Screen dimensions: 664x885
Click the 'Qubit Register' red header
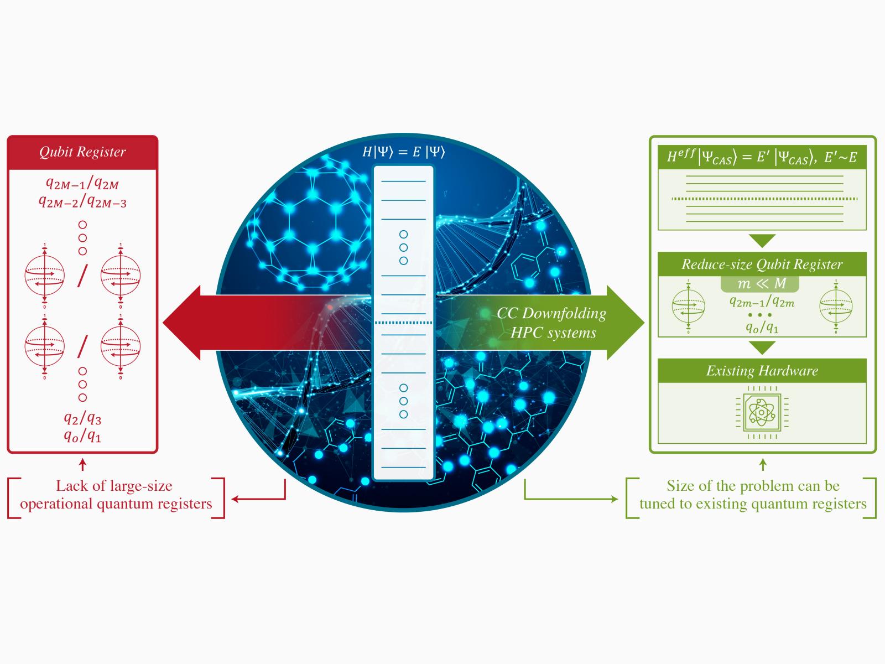pos(82,152)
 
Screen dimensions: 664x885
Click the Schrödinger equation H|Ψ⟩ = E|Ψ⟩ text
pos(403,152)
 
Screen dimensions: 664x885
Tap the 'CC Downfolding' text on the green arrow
pos(551,313)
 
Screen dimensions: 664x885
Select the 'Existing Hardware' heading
pos(762,371)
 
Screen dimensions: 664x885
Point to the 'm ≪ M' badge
pos(761,284)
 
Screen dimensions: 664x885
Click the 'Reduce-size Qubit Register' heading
pos(762,264)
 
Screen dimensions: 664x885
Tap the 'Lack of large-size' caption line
pos(114,486)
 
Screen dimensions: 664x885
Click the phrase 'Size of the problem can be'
pos(753,486)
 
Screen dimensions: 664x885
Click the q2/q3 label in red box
pos(82,418)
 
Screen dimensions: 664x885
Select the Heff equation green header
pos(762,158)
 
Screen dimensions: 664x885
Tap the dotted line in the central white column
pos(403,323)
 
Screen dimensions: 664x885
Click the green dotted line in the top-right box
pos(764,199)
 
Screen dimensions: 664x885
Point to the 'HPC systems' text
pos(553,333)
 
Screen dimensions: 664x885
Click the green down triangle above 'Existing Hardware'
pos(762,347)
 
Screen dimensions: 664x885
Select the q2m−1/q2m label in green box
pos(762,302)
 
